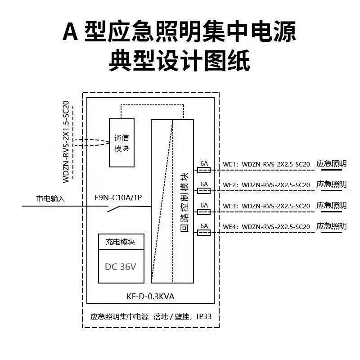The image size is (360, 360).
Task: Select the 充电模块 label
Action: click(120, 242)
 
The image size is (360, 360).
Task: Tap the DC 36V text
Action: click(121, 266)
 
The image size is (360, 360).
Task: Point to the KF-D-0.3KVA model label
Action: click(151, 297)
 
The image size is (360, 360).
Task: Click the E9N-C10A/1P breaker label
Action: click(118, 198)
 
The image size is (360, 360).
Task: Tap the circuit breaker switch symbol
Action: click(114, 209)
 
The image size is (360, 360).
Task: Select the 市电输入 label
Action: click(50, 198)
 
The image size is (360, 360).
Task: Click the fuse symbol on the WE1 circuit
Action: click(204, 170)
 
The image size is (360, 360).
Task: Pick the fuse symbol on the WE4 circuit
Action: click(204, 233)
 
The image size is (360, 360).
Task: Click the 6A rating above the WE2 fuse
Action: click(204, 184)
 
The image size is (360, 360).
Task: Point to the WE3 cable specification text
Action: click(266, 206)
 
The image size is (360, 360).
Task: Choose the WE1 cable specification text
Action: click(266, 164)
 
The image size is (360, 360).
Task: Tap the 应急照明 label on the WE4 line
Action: click(331, 226)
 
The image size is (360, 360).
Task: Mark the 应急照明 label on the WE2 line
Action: click(331, 184)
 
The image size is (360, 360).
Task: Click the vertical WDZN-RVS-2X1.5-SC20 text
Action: click(66, 142)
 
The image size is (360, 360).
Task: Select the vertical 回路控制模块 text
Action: click(184, 202)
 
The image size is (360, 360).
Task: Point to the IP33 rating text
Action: click(204, 316)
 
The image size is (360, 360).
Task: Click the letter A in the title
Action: click(71, 31)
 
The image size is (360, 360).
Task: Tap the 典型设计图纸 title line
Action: click(180, 61)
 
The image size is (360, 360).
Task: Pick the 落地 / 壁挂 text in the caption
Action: click(171, 317)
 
